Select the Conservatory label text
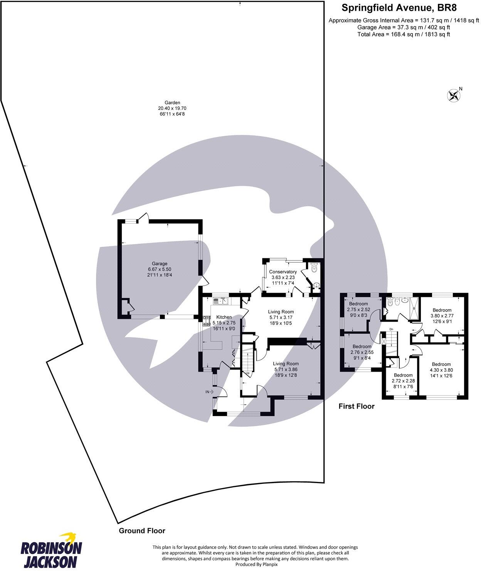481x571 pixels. pyautogui.click(x=283, y=272)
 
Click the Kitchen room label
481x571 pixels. pyautogui.click(x=224, y=317)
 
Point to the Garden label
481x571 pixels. pyautogui.click(x=172, y=103)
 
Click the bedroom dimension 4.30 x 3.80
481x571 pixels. pyautogui.click(x=441, y=370)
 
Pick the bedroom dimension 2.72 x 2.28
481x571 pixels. pyautogui.click(x=403, y=381)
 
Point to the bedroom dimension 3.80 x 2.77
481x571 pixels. pyautogui.click(x=442, y=315)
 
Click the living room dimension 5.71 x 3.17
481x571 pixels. pyautogui.click(x=281, y=317)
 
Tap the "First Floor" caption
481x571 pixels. pyautogui.click(x=357, y=406)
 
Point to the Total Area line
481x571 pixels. pyautogui.click(x=404, y=34)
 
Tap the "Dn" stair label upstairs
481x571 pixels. pyautogui.click(x=391, y=329)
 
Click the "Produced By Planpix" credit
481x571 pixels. pyautogui.click(x=256, y=564)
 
